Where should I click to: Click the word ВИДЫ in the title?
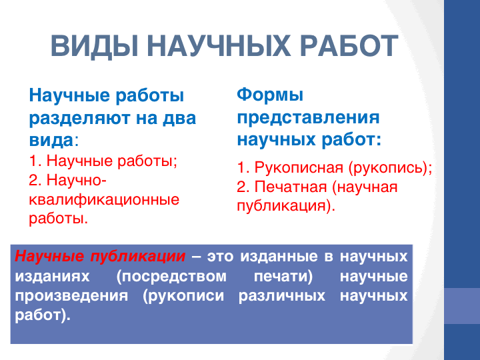click(95, 46)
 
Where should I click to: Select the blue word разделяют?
click(80, 119)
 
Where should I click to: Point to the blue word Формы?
click(270, 95)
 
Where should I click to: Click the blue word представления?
click(308, 118)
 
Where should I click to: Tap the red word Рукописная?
click(299, 167)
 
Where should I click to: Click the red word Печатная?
click(291, 187)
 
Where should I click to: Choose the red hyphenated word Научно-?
click(76, 180)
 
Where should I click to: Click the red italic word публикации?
click(138, 257)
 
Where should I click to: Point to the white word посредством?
click(171, 277)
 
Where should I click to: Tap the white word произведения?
click(71, 296)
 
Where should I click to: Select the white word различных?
click(281, 296)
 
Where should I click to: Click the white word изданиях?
click(52, 277)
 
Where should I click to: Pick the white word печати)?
click(283, 277)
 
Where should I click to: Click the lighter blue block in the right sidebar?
click(462, 306)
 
